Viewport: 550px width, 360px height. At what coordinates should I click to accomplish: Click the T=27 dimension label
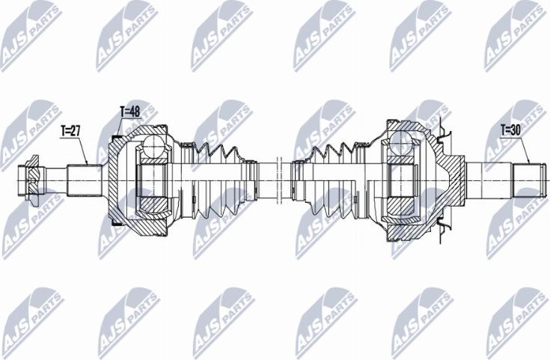(x=70, y=131)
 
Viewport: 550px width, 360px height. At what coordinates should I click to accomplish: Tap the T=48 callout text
(x=130, y=112)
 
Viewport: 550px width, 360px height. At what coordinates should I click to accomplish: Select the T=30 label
(x=510, y=130)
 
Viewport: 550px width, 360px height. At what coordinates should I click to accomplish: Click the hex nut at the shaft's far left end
(x=31, y=180)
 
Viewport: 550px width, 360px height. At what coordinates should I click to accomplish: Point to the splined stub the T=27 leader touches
(x=85, y=180)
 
